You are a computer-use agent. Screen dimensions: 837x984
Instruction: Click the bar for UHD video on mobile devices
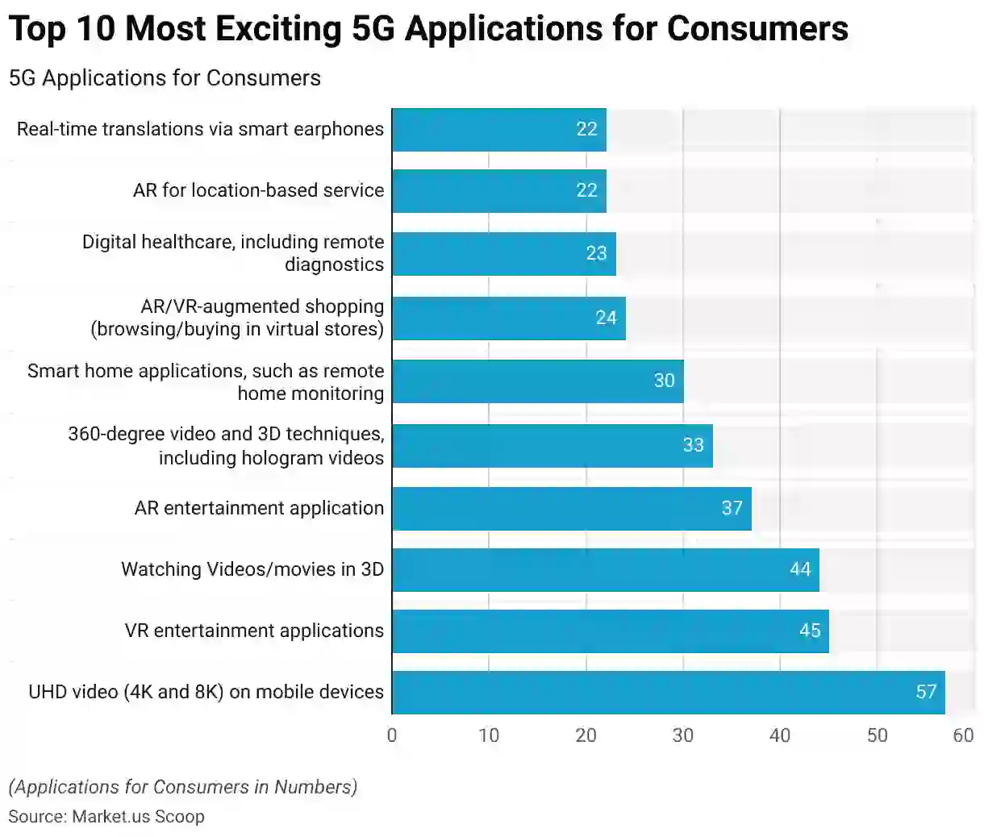pos(668,692)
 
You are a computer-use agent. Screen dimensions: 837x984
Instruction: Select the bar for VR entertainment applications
pos(610,631)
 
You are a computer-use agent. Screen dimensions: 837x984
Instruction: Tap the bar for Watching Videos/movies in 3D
pos(605,569)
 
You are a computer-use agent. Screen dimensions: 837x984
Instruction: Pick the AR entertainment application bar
pos(571,508)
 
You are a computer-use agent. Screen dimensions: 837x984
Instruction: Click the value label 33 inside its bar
pos(693,445)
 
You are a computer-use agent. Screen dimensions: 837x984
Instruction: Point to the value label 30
pos(664,381)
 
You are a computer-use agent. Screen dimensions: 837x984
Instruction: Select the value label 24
pos(606,318)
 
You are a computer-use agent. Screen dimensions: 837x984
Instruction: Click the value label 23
pos(596,253)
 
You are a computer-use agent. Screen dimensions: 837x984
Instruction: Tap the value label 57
pos(926,692)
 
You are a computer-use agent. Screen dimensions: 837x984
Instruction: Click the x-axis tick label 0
pos(392,735)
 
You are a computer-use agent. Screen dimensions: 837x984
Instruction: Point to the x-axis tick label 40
pos(780,735)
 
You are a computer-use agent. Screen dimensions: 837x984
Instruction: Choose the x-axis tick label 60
pos(963,735)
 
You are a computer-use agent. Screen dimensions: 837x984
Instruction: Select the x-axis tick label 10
pos(489,735)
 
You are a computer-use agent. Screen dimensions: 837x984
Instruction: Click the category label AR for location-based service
pos(258,190)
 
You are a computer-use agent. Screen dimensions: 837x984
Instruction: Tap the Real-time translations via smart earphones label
pos(200,129)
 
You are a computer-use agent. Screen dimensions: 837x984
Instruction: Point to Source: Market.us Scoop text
pos(106,816)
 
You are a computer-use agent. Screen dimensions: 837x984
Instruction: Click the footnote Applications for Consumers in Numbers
pos(183,787)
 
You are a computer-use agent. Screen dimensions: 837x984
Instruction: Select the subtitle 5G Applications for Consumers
pos(165,78)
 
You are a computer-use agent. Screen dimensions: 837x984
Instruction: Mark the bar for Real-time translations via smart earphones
pos(498,129)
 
